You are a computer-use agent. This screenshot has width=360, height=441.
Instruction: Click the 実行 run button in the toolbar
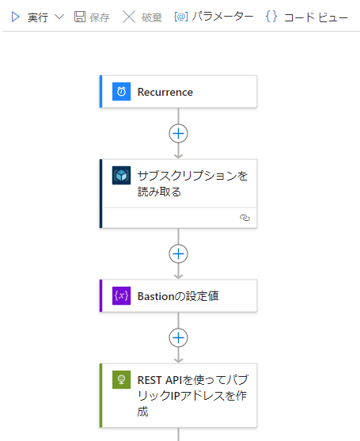click(29, 17)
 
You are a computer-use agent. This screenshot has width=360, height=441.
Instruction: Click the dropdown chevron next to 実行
click(59, 17)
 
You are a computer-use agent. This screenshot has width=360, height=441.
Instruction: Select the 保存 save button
click(92, 17)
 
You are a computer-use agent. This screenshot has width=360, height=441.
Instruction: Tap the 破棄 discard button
click(142, 17)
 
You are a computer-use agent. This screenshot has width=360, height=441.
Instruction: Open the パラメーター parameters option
click(214, 17)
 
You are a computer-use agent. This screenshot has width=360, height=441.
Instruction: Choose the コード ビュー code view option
click(307, 17)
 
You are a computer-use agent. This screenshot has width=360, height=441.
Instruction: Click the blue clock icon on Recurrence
click(121, 91)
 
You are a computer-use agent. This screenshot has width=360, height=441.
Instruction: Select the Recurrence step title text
click(165, 92)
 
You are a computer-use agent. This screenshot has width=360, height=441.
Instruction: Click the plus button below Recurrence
click(179, 133)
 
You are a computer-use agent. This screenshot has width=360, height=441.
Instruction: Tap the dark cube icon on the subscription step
click(121, 175)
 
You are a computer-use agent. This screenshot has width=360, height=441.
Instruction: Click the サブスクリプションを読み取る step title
click(192, 184)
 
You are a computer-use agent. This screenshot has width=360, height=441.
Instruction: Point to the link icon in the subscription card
click(244, 218)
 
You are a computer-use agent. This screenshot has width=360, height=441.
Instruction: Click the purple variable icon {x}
click(121, 295)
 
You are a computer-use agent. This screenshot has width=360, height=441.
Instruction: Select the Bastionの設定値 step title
click(178, 296)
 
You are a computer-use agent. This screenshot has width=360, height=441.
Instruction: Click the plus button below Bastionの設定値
click(179, 337)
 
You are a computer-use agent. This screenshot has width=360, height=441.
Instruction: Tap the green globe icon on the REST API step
click(121, 380)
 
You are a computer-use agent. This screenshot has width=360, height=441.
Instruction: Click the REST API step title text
click(193, 396)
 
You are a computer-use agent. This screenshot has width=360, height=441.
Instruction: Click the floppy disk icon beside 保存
click(80, 17)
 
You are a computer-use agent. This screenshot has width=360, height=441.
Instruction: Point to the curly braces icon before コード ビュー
click(271, 17)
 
